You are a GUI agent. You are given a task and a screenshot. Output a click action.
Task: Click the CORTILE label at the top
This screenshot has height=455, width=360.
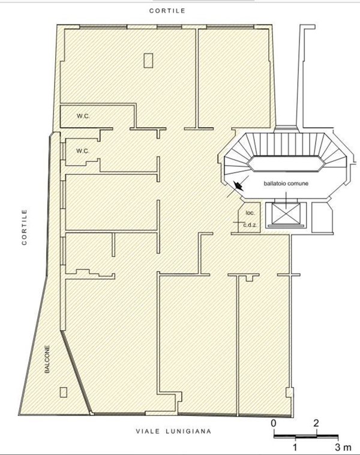click(x=167, y=11)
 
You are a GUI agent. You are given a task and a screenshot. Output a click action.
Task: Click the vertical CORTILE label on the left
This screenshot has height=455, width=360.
click(x=25, y=227)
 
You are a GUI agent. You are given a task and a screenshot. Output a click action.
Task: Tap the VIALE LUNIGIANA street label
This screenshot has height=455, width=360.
click(x=173, y=431)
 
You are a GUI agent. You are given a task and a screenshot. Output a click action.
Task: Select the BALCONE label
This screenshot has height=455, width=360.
click(x=47, y=359)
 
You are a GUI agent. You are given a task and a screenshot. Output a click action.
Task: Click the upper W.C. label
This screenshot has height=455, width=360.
click(x=83, y=116)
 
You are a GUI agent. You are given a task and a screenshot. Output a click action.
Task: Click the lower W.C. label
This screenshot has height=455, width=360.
click(x=83, y=151)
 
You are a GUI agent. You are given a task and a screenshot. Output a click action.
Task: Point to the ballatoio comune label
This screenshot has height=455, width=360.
click(x=286, y=183)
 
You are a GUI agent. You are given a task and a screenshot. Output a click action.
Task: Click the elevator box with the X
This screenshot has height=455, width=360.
click(x=286, y=213)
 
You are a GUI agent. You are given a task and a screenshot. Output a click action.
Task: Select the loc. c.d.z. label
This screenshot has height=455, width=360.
click(x=250, y=219)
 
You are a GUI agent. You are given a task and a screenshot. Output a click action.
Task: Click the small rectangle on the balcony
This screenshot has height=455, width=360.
click(x=63, y=392)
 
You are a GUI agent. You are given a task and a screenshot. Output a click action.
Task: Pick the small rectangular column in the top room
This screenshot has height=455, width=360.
click(x=148, y=61)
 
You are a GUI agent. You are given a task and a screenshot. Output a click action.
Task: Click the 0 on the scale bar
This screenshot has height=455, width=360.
click(x=274, y=423)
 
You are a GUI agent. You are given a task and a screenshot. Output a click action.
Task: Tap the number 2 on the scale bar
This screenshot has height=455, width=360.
click(x=316, y=423)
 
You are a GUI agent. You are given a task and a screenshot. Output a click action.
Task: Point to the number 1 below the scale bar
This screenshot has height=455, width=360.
click(x=295, y=447)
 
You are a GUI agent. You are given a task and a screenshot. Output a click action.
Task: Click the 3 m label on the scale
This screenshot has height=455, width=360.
click(x=343, y=447)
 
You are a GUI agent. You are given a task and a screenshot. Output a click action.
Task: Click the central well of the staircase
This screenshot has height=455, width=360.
click(x=286, y=164)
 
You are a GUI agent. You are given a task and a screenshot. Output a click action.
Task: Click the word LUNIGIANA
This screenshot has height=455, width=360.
click(x=188, y=431)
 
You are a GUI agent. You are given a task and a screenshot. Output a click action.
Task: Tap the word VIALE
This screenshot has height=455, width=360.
click(x=148, y=431)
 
